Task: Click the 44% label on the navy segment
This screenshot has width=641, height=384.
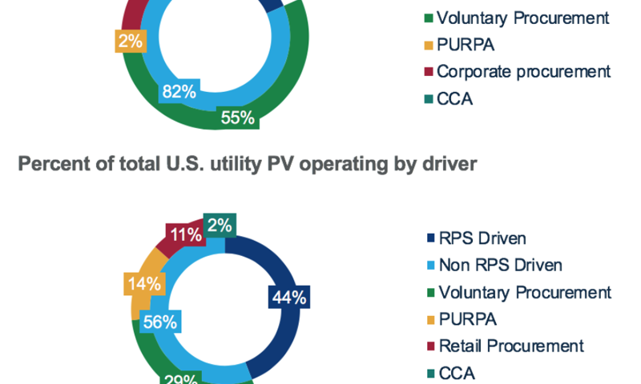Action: [288, 298]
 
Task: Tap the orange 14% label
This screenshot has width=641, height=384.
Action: [141, 283]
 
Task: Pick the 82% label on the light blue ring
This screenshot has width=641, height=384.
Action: [179, 91]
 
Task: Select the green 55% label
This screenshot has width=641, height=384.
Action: [237, 118]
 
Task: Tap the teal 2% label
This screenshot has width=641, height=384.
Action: [218, 226]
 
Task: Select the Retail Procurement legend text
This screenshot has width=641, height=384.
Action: [510, 346]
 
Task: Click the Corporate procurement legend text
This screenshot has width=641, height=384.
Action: [523, 71]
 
